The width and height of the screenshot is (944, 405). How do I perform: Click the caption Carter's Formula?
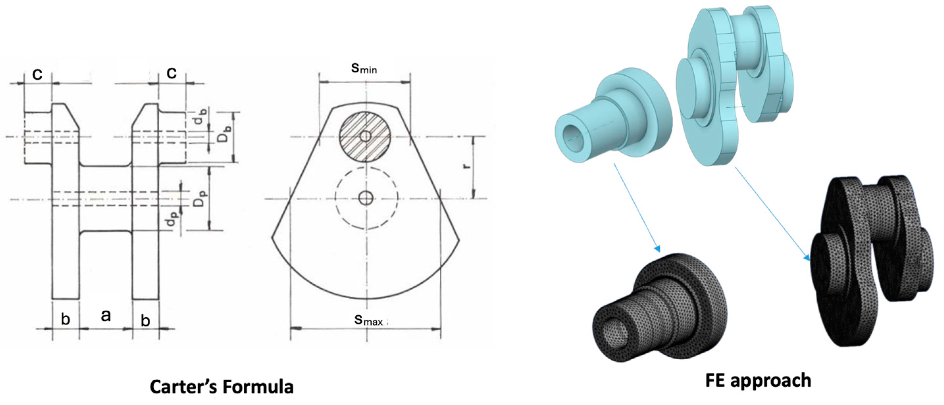click(x=222, y=387)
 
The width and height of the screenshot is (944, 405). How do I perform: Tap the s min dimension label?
click(x=364, y=68)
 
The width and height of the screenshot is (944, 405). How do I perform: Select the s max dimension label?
click(x=369, y=320)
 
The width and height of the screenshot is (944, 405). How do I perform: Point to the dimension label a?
click(x=106, y=315)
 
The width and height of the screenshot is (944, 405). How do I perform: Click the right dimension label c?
click(x=171, y=73)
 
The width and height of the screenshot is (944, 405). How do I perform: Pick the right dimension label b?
click(x=145, y=321)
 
